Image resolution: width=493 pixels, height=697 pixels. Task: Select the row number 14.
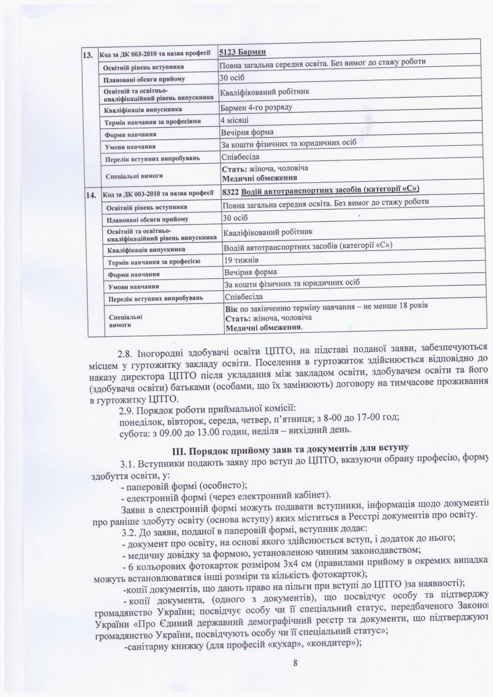point(91,196)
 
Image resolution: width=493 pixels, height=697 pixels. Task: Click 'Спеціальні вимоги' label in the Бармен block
point(134,174)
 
